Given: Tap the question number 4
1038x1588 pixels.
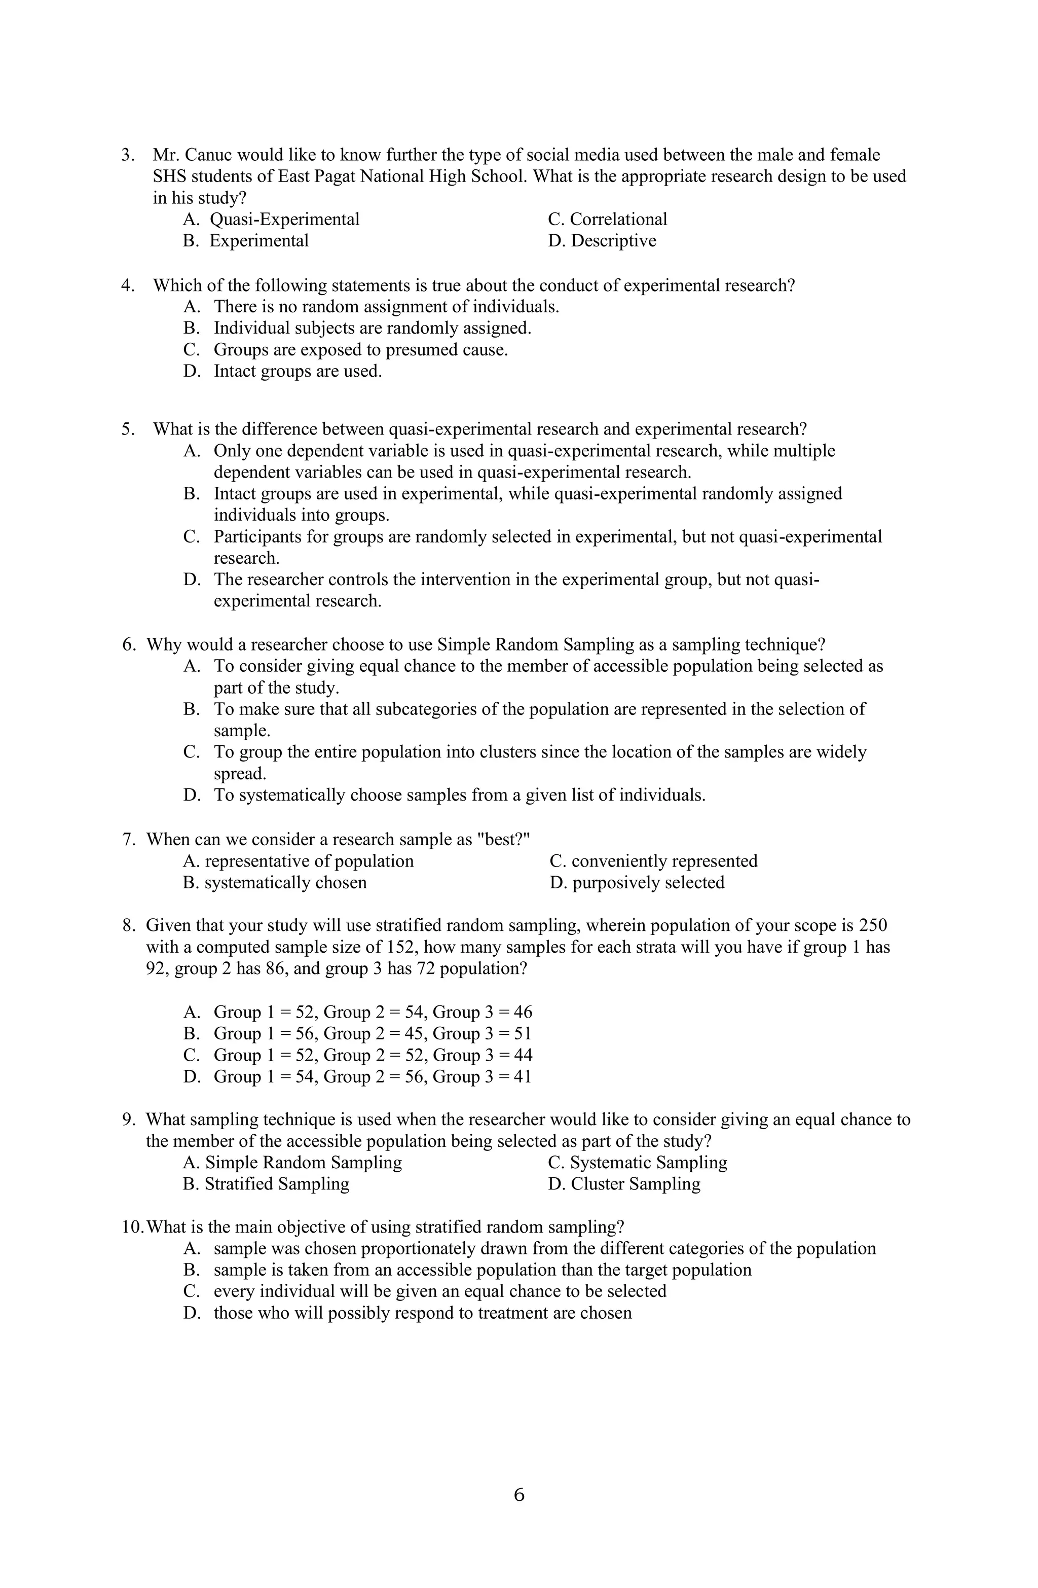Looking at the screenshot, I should [x=127, y=285].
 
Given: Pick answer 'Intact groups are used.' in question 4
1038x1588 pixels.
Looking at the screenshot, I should [x=298, y=371].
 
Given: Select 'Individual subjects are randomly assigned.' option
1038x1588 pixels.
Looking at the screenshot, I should [x=372, y=328].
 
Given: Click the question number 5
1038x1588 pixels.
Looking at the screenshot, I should [x=127, y=429].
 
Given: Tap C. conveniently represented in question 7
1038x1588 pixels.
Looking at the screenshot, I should [x=653, y=861].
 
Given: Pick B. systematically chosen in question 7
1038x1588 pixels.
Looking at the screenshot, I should [x=275, y=882].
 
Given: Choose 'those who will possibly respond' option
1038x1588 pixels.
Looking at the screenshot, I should [x=422, y=1313].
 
